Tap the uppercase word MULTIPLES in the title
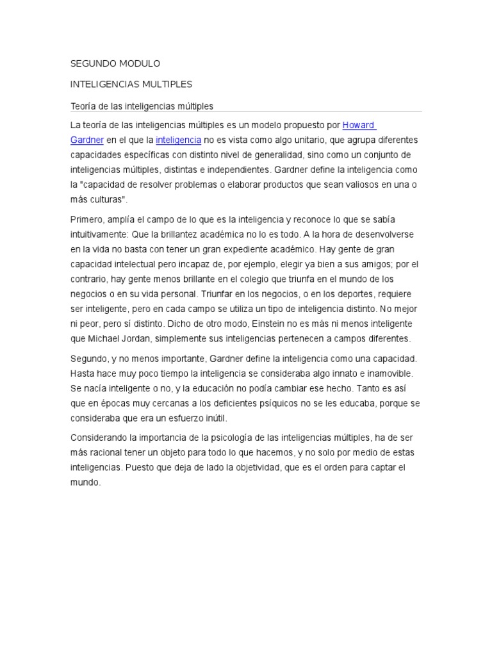pos(161,84)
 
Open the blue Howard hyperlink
pos(358,124)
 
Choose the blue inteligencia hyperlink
pos(179,140)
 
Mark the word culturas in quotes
pos(106,200)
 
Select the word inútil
pos(213,418)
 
